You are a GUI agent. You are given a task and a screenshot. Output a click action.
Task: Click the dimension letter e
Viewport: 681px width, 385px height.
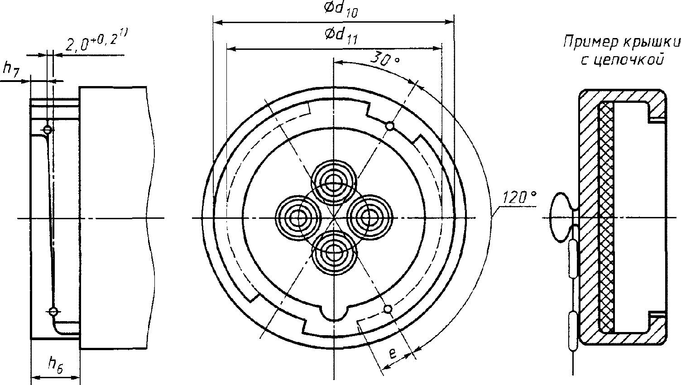(x=393, y=353)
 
